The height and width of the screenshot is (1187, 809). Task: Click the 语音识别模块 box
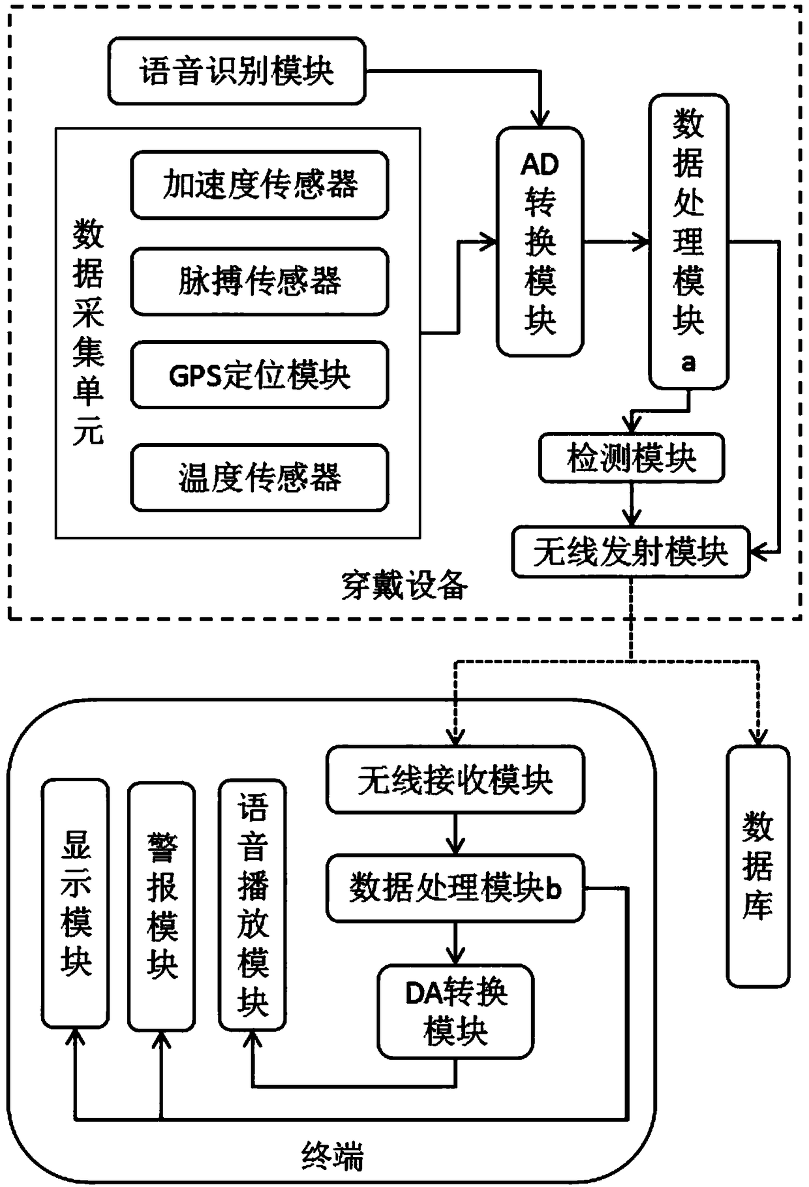tap(237, 70)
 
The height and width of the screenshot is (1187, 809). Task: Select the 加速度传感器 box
tap(260, 185)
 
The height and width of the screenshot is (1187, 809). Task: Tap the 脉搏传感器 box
tap(260, 281)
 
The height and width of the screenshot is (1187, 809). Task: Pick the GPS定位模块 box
tap(260, 375)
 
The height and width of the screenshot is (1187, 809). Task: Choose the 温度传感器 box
tap(260, 478)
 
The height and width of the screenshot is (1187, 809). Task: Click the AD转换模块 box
tap(540, 241)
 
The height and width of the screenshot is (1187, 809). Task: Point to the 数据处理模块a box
tap(688, 242)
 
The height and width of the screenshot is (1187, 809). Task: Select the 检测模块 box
tap(632, 459)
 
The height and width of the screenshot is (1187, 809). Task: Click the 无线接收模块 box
tap(455, 780)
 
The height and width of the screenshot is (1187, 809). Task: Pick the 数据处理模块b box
tap(455, 888)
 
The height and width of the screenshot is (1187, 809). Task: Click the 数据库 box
tap(758, 866)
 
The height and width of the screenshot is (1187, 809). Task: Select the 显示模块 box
tap(76, 904)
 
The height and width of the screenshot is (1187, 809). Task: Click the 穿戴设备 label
tap(404, 585)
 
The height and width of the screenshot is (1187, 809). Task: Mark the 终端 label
tap(333, 1156)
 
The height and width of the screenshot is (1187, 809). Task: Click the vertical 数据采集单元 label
tap(88, 333)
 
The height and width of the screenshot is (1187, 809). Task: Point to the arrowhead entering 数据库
tap(757, 737)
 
